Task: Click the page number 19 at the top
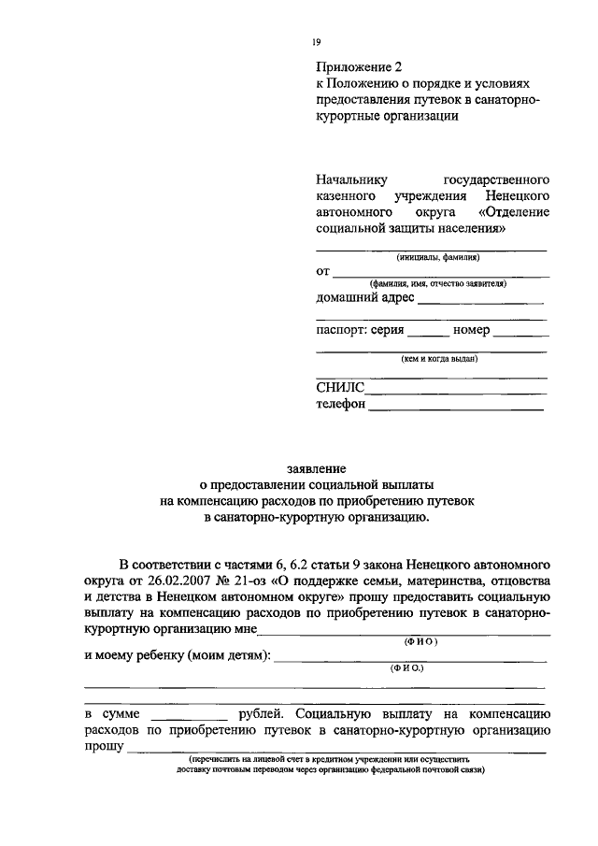point(317,41)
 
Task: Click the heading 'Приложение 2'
point(358,66)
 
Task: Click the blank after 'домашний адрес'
point(479,301)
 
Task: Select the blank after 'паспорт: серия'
point(428,334)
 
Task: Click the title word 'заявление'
point(317,467)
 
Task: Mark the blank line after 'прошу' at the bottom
point(336,750)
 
